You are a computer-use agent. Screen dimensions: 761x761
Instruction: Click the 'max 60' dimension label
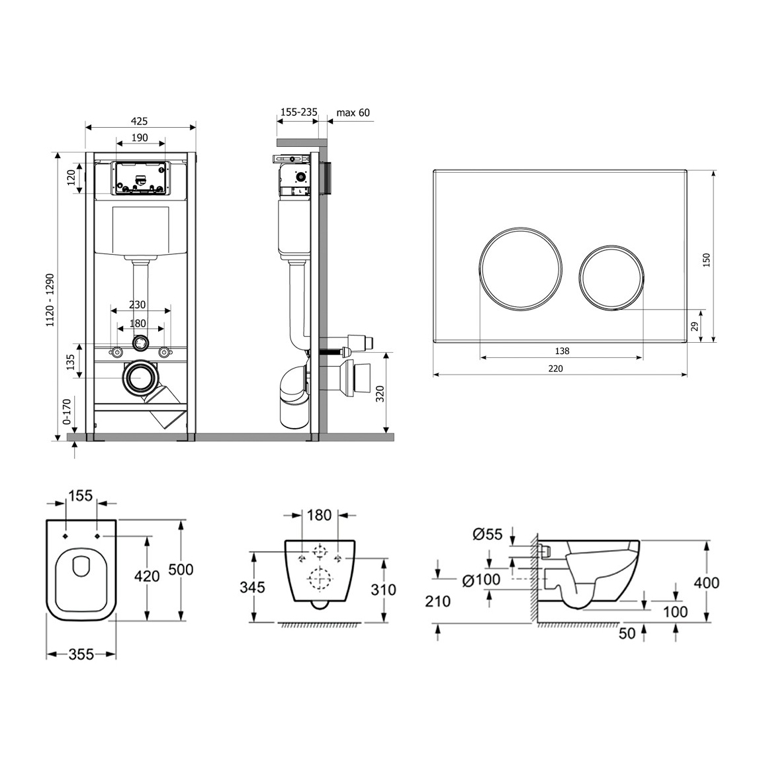[x=353, y=112]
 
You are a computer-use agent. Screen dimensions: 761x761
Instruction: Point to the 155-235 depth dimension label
[x=299, y=112]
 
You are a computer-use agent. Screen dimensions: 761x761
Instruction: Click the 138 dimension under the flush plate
[x=562, y=351]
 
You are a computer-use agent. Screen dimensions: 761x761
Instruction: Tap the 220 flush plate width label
[x=556, y=369]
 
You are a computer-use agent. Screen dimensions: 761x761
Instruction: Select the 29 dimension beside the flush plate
[x=694, y=326]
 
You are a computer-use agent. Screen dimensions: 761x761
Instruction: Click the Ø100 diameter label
[x=481, y=580]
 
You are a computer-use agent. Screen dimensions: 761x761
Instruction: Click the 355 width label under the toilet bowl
[x=81, y=654]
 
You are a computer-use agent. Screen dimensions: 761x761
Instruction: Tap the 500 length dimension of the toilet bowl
[x=181, y=569]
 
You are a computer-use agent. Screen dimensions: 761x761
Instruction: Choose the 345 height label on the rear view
[x=252, y=587]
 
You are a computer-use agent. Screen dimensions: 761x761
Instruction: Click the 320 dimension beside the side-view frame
[x=380, y=394]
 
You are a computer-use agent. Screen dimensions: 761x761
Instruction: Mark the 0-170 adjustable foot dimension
[x=66, y=411]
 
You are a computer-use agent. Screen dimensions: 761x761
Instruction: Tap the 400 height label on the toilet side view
[x=707, y=582]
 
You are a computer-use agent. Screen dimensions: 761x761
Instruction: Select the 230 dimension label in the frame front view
[x=138, y=305]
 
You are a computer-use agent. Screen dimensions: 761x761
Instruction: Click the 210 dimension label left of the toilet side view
[x=438, y=602]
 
